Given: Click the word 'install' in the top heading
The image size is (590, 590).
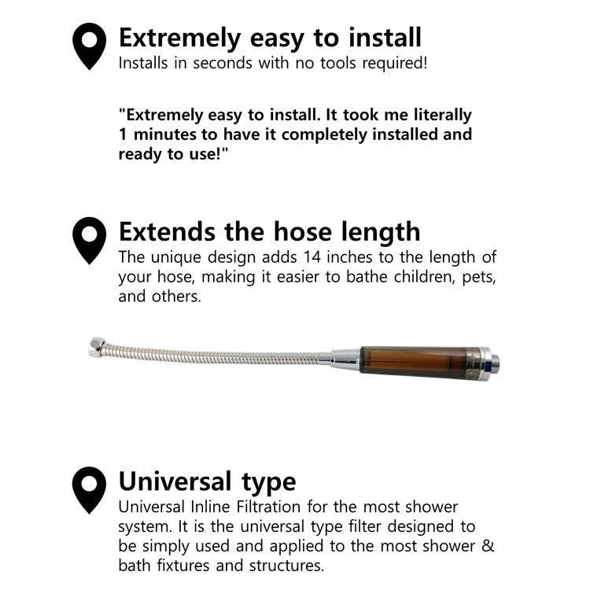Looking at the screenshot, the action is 385,38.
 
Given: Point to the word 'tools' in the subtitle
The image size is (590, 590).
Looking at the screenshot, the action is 338,63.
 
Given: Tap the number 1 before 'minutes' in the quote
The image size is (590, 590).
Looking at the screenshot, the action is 123,135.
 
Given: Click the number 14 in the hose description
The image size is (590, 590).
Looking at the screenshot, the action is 312,257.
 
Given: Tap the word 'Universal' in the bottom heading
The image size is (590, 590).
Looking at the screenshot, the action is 175,481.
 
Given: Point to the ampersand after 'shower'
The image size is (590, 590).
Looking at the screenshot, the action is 488,546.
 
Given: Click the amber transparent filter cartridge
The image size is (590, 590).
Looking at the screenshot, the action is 414,361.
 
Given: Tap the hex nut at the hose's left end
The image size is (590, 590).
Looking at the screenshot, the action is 96,347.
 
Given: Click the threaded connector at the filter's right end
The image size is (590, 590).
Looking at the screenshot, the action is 495,363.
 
